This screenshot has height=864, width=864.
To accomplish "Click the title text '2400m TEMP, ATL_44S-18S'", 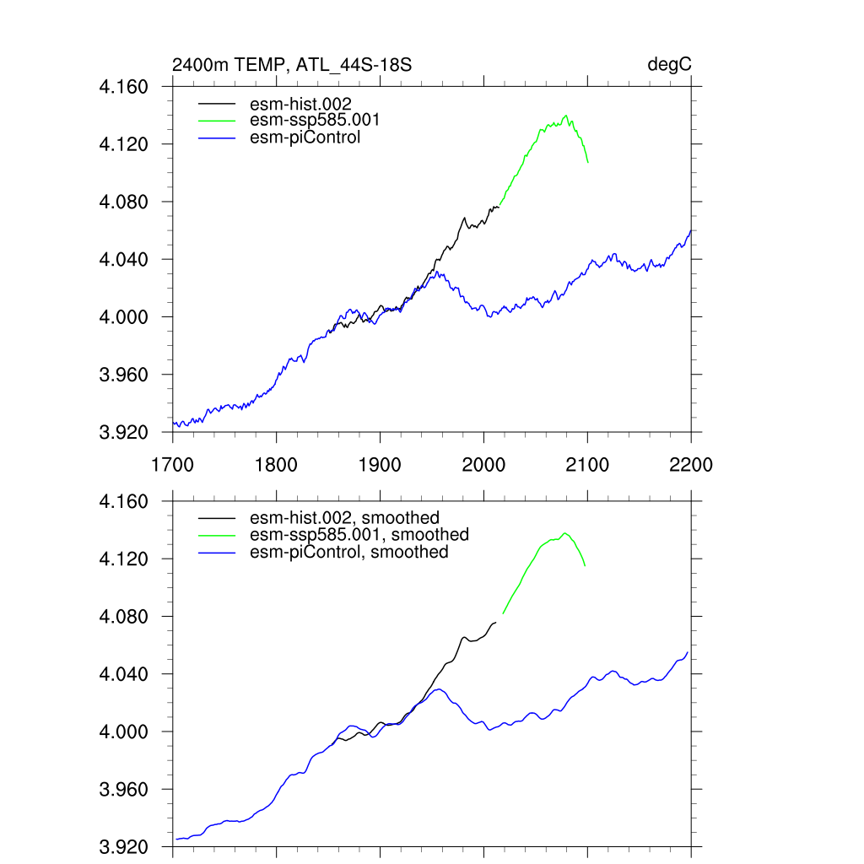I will [x=292, y=65].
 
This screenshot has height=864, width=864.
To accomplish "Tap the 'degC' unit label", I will [x=670, y=65].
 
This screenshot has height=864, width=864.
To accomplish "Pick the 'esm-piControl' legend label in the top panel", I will [x=305, y=137].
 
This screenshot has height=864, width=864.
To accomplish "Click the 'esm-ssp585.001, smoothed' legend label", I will [x=359, y=535].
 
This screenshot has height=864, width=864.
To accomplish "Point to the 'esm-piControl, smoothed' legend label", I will [x=349, y=552].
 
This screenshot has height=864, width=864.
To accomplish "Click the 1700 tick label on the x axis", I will [x=173, y=465].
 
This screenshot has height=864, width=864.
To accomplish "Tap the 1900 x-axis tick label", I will [x=380, y=465].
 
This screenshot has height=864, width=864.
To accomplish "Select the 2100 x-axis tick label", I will [x=587, y=465].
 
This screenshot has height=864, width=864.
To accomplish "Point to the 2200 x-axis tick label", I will [x=691, y=465].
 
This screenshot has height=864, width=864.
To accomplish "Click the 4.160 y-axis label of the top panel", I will [x=124, y=87].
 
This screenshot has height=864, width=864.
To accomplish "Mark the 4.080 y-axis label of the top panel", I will [x=124, y=202].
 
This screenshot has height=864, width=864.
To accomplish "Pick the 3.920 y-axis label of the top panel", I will [x=124, y=432].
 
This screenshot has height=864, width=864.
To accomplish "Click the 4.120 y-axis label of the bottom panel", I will [x=124, y=559].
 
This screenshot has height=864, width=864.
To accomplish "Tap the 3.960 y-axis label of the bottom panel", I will [x=124, y=790].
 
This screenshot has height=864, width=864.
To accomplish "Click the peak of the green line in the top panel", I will [x=566, y=116].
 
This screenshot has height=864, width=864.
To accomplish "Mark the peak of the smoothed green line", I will [x=564, y=532].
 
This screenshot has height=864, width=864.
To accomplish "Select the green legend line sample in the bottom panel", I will [x=218, y=535].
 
